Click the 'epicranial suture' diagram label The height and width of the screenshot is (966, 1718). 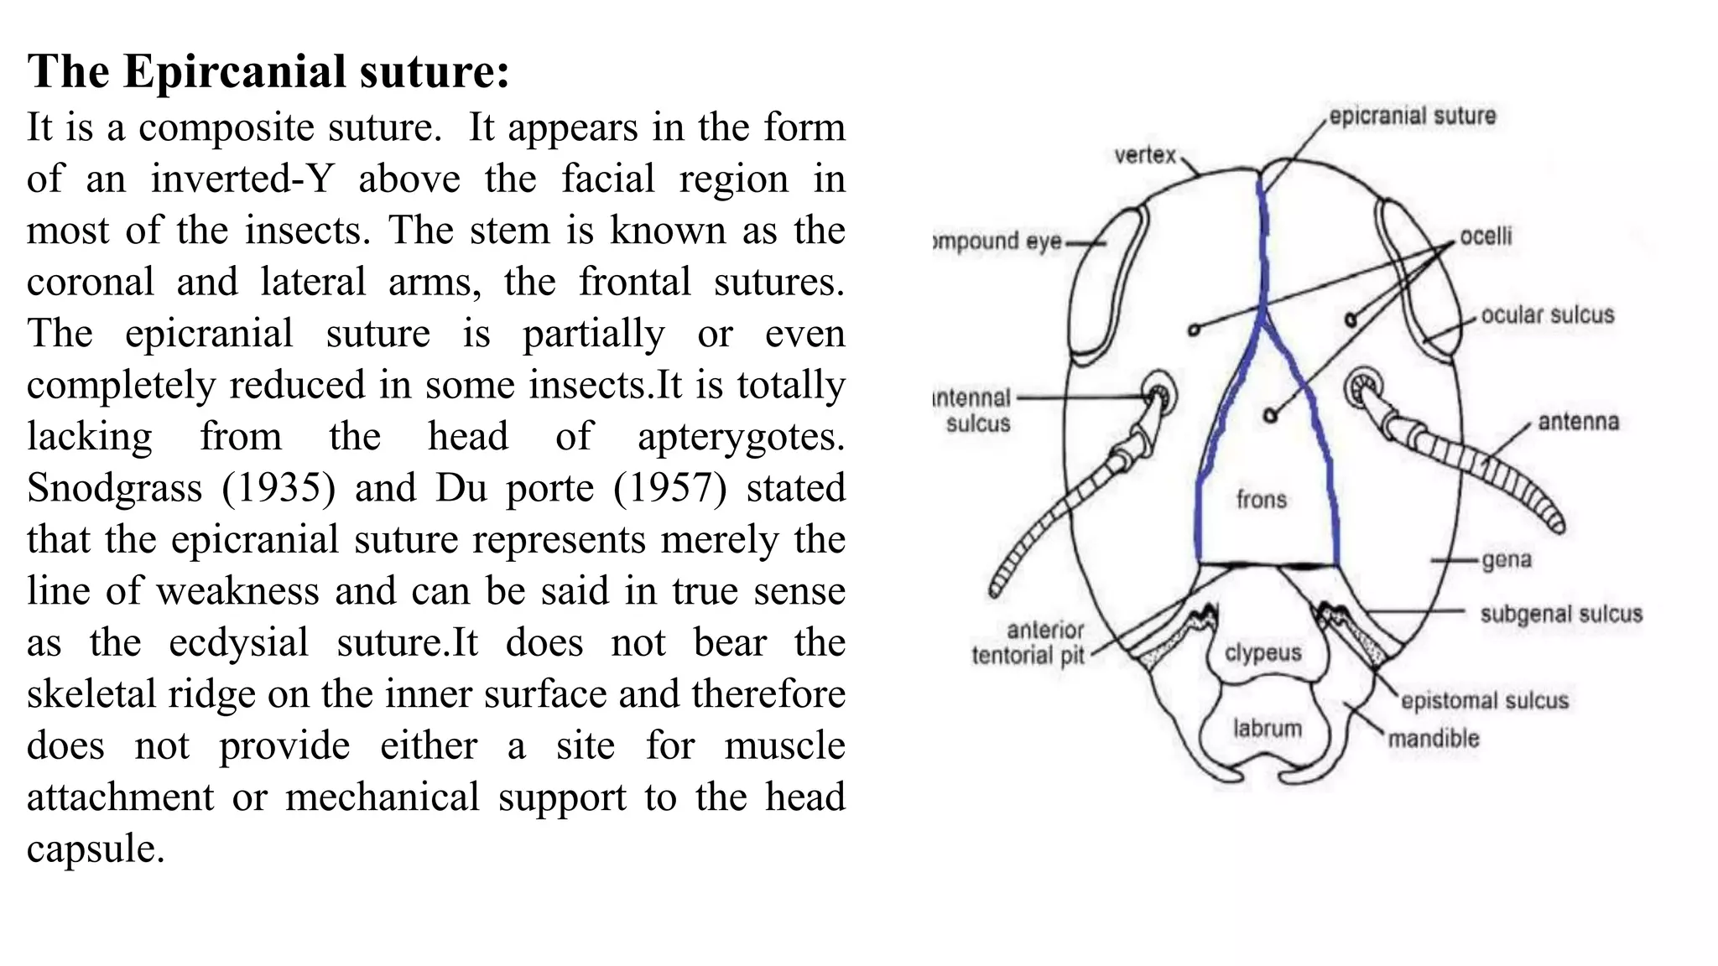tap(1412, 116)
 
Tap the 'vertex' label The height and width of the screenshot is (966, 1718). tap(1145, 155)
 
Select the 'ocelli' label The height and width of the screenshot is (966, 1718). tap(1486, 236)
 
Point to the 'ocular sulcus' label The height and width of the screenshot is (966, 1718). tap(1547, 315)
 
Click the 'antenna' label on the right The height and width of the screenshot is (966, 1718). tap(1578, 422)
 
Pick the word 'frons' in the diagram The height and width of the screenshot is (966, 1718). tap(1261, 500)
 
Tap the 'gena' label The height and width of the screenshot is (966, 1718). tap(1507, 559)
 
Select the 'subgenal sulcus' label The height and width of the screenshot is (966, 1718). tap(1560, 614)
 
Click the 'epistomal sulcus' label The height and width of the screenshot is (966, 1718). tap(1484, 701)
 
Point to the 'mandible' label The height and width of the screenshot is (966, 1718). tap(1433, 739)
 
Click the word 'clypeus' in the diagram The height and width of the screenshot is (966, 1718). tap(1262, 653)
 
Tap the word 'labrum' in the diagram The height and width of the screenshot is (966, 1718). tap(1267, 729)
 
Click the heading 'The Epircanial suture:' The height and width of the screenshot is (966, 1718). tap(268, 71)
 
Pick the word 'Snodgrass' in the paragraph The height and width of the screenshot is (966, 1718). tap(114, 488)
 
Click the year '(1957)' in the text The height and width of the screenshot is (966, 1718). tap(669, 488)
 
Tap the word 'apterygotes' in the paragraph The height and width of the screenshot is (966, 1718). tap(740, 437)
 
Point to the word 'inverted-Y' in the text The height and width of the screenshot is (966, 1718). tap(242, 179)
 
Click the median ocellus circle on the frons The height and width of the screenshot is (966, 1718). tap(1270, 415)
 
